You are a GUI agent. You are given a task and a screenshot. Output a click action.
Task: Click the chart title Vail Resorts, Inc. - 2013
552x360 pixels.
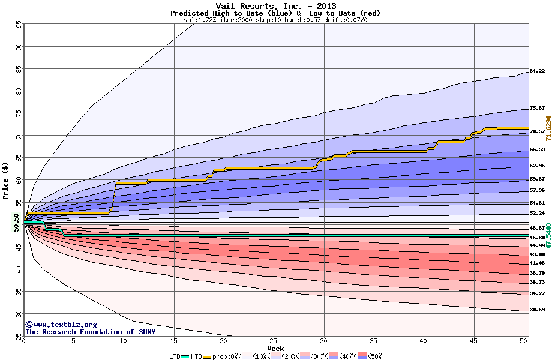(x=275, y=5)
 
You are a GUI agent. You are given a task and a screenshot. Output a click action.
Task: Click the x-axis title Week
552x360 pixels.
(x=275, y=349)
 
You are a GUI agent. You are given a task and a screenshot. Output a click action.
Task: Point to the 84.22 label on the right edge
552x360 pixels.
(x=537, y=71)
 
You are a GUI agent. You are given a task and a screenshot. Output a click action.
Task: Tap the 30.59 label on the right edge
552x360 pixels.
(x=537, y=310)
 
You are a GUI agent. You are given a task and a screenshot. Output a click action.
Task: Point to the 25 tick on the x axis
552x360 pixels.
(x=274, y=341)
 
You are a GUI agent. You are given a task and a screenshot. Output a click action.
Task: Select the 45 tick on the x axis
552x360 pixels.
(x=473, y=341)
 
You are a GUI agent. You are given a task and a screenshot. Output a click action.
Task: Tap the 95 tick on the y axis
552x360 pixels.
(x=19, y=25)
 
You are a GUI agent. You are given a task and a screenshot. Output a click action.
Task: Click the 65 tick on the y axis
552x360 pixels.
(x=19, y=158)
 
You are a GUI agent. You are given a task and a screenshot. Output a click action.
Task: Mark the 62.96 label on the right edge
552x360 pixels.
(x=537, y=166)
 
